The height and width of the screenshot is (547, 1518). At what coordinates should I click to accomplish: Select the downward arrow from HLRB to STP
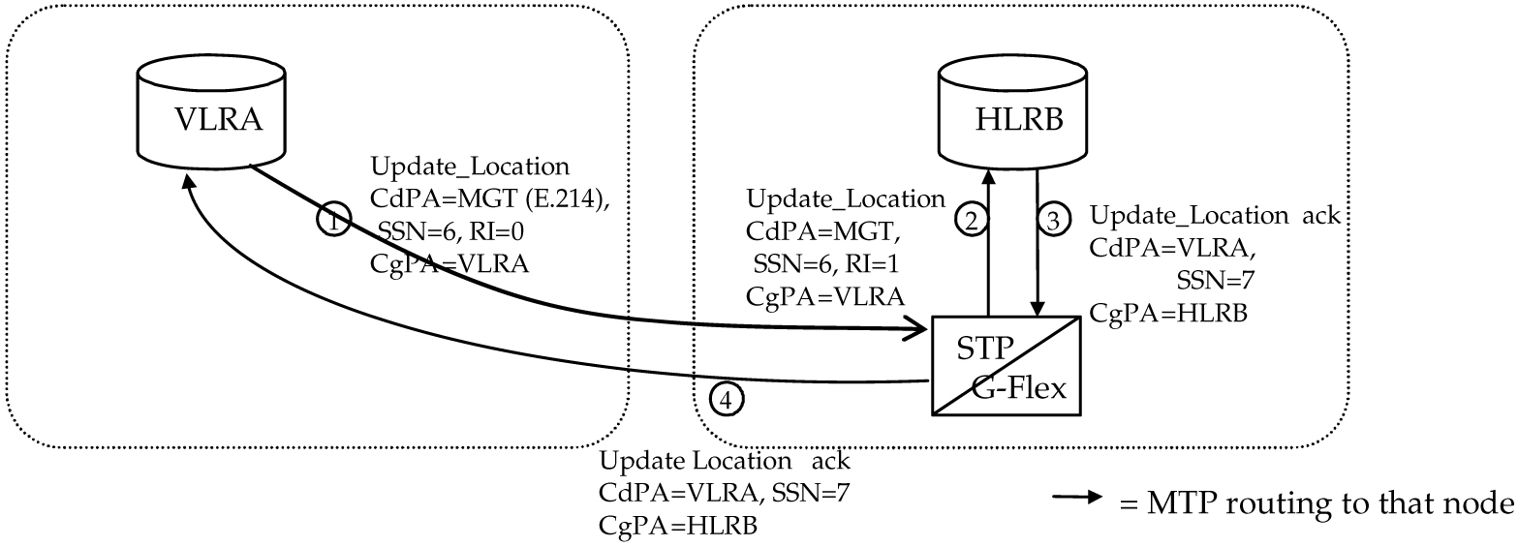1038,242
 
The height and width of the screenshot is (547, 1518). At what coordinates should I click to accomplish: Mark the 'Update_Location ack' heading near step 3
1215,216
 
